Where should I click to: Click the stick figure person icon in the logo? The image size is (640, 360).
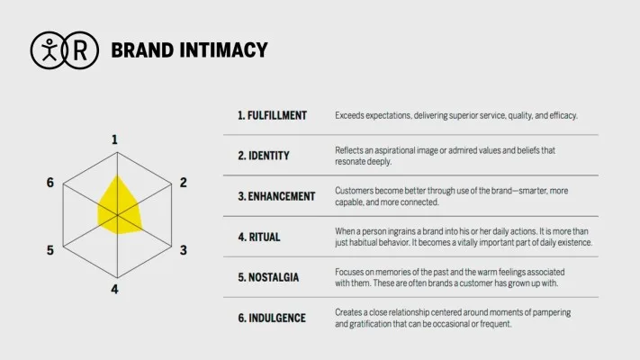pyautogui.click(x=50, y=49)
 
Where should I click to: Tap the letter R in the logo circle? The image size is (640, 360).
pyautogui.click(x=80, y=50)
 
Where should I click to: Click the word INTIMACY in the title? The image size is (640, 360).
pyautogui.click(x=223, y=50)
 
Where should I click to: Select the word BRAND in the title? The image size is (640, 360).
pyautogui.click(x=142, y=50)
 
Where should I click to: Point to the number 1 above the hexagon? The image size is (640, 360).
pyautogui.click(x=114, y=140)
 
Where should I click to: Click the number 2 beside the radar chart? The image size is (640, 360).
pyautogui.click(x=184, y=183)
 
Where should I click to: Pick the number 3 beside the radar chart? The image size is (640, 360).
pyautogui.click(x=184, y=250)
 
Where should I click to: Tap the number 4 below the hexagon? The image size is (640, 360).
pyautogui.click(x=114, y=290)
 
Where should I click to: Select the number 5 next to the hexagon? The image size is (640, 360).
pyautogui.click(x=50, y=250)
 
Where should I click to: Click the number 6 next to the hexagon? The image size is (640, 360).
pyautogui.click(x=50, y=183)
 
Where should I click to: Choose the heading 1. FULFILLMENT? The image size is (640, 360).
pyautogui.click(x=272, y=115)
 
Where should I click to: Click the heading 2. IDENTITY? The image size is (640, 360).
pyautogui.click(x=264, y=156)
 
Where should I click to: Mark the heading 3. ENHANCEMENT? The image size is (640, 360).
pyautogui.click(x=276, y=196)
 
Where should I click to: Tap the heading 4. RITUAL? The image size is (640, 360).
pyautogui.click(x=259, y=237)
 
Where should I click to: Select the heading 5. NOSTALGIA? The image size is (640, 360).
pyautogui.click(x=268, y=277)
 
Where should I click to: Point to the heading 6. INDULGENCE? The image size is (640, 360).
pyautogui.click(x=272, y=318)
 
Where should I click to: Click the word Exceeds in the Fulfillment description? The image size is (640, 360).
pyautogui.click(x=349, y=115)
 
